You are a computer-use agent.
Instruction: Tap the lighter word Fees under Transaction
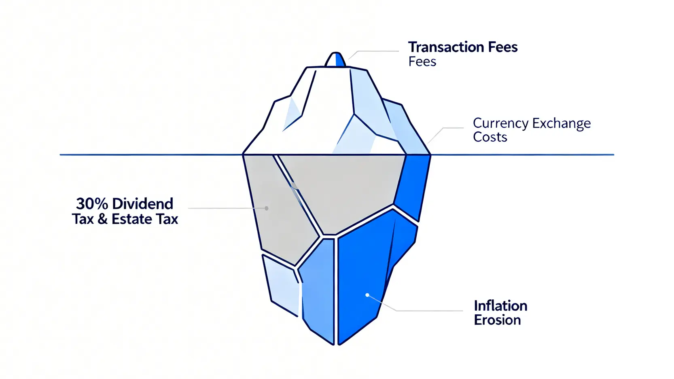(422, 62)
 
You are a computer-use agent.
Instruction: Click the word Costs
(490, 138)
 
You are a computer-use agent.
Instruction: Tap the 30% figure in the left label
(92, 203)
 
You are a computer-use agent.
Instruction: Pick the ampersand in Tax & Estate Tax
(103, 220)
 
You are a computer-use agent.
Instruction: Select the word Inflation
(500, 306)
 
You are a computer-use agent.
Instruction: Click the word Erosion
(497, 320)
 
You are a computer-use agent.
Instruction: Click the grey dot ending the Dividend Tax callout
(266, 208)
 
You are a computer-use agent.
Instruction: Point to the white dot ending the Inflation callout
(367, 295)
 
